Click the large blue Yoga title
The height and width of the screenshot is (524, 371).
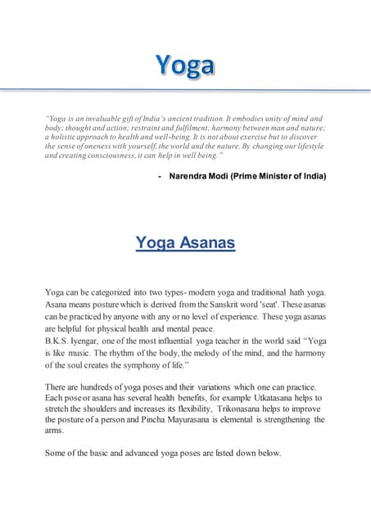point(186,65)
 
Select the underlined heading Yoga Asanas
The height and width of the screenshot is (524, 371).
point(185,243)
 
